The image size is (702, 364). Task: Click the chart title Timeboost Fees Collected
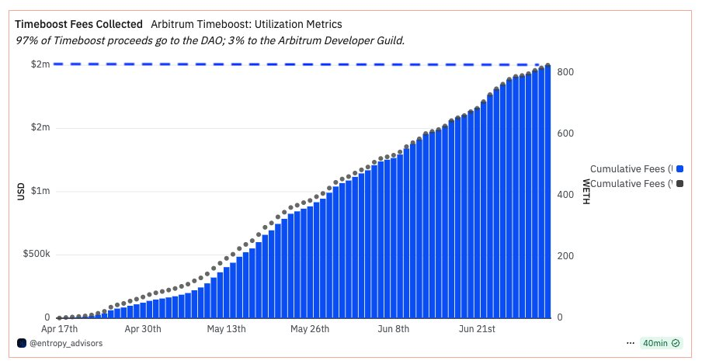[x=78, y=25]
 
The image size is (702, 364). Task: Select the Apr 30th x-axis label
[x=143, y=329]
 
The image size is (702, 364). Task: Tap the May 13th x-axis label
[x=227, y=329]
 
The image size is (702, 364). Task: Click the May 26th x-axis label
[x=310, y=329]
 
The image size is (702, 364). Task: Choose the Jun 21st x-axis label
[x=478, y=329]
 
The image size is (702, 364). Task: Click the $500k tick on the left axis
[x=36, y=255]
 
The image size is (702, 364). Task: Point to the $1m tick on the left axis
[x=40, y=191]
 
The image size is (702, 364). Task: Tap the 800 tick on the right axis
[x=565, y=72]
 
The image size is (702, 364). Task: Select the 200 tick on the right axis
[x=565, y=256]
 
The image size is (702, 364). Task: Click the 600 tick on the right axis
[x=565, y=133]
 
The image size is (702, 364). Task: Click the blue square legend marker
[x=680, y=168]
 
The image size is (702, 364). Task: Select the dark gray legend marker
[x=680, y=184]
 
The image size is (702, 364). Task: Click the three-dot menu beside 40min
[x=631, y=342]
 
